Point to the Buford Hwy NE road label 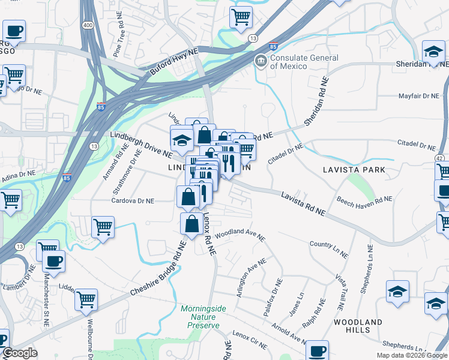pyautogui.click(x=173, y=62)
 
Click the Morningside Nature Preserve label pyautogui.click(x=203, y=314)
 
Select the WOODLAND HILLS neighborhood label pyautogui.click(x=358, y=326)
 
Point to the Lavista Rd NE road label pyautogui.click(x=303, y=203)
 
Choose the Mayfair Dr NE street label pyautogui.click(x=419, y=96)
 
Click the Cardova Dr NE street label pyautogui.click(x=133, y=201)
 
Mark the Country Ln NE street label pyautogui.click(x=328, y=249)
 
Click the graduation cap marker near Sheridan pyautogui.click(x=433, y=52)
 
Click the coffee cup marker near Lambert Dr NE pyautogui.click(x=53, y=262)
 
